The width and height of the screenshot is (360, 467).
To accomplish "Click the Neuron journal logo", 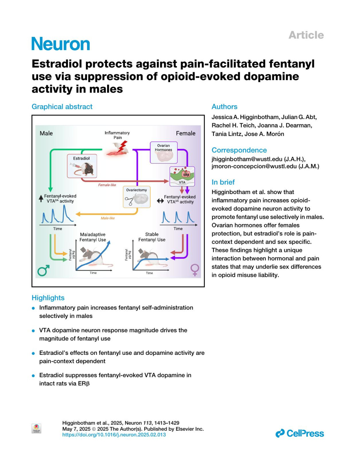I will (61, 44).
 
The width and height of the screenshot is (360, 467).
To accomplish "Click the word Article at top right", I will (306, 35).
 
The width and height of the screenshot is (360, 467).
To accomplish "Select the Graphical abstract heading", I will (62, 107).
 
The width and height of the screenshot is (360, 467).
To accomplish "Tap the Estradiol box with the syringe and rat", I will (82, 166).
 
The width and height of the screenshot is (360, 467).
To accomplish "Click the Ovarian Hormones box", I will (163, 153).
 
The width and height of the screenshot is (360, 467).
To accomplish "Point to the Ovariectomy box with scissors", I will (136, 197).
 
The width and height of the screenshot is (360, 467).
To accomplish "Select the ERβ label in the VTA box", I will (186, 175).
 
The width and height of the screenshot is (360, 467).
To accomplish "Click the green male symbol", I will (43, 271).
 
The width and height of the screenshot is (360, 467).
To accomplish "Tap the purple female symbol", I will (195, 270).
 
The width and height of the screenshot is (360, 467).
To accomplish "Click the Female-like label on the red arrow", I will (107, 185).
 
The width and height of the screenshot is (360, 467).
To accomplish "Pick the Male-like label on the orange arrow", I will (108, 218).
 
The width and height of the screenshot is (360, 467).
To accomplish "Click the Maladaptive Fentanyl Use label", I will (93, 237).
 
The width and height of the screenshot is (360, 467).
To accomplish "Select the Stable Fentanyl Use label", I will (152, 237).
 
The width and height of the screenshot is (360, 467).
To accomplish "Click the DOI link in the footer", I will (114, 435).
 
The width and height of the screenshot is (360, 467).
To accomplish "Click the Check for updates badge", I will (36, 428).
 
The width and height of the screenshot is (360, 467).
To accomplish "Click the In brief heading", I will (223, 182).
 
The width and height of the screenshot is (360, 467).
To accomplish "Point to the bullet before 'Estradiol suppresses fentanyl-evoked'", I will (34, 376).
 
